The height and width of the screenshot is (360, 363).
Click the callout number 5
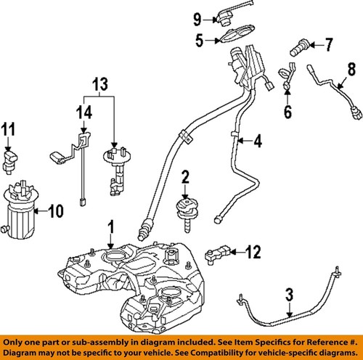[x=199, y=41]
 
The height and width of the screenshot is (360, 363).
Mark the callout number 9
[x=198, y=17]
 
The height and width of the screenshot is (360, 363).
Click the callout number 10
[x=55, y=212]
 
